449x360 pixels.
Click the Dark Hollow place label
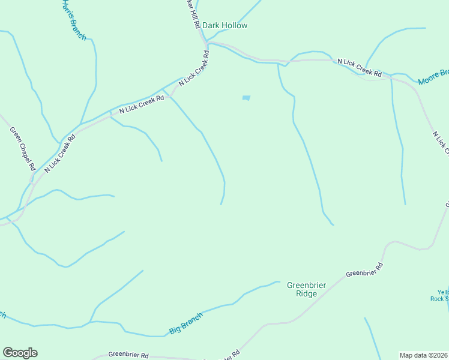[224, 26]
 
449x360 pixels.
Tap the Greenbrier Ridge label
[306, 289]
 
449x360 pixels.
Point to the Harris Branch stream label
[73, 20]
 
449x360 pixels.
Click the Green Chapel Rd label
[23, 148]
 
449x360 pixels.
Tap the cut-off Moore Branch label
[433, 76]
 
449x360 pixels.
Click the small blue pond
[246, 98]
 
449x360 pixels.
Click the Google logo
[20, 353]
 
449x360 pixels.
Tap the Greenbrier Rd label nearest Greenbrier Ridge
[364, 270]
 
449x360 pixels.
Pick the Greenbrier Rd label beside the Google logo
[128, 355]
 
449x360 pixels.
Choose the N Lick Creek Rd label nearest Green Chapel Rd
[59, 154]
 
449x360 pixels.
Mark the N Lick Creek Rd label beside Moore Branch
[360, 68]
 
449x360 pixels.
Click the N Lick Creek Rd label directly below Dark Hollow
[194, 70]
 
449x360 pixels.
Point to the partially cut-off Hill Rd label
[193, 16]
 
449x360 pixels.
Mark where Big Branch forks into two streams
[90, 322]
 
